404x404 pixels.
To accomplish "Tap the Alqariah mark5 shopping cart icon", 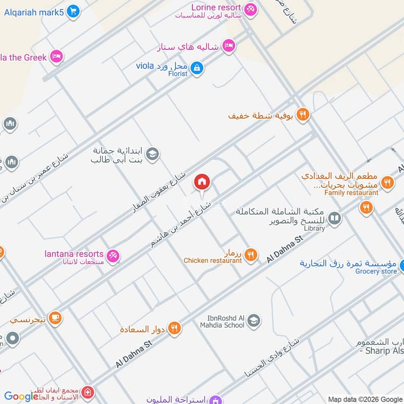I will pos(74,11).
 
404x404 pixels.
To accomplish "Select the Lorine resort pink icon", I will pos(250,9).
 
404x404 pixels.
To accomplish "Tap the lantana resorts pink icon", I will pos(114,256).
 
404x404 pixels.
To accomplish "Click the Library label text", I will pos(315,228).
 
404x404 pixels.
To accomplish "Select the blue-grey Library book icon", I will pos(334,219).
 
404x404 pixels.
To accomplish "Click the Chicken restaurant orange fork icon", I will pos(251,256).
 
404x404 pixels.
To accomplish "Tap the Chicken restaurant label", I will pos(213,261).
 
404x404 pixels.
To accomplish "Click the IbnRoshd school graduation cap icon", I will pos(254,320).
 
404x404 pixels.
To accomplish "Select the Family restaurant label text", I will pos(351,193).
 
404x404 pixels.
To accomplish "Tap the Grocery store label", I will pos(376,271).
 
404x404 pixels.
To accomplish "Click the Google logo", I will pos(21,396).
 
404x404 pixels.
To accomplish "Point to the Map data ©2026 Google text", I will pos(365,399).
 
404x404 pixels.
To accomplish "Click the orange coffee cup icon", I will pos(56,318).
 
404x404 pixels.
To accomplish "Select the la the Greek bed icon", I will pos(57,57).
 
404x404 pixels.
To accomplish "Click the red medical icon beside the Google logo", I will pos(88,392).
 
